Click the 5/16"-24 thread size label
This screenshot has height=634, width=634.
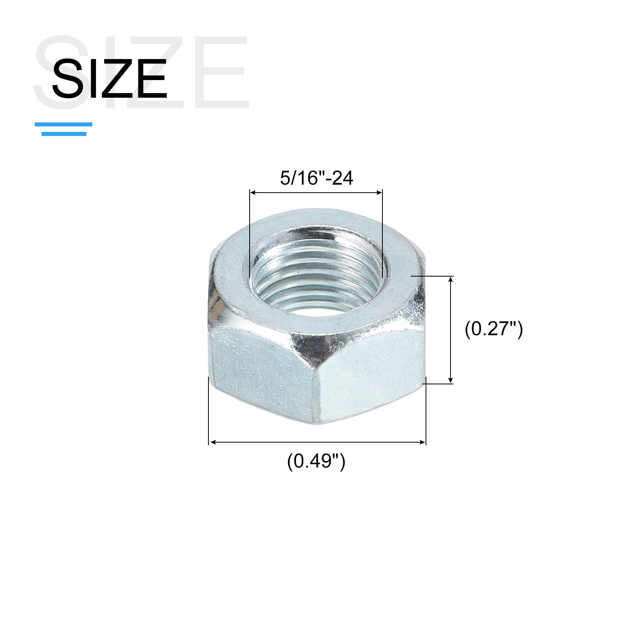pyautogui.click(x=316, y=178)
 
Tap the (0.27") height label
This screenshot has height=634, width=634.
pyautogui.click(x=494, y=329)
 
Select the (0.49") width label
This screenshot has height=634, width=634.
pyautogui.click(x=316, y=461)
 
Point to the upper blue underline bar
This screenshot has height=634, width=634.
pyautogui.click(x=63, y=124)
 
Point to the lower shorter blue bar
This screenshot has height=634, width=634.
pyautogui.click(x=64, y=134)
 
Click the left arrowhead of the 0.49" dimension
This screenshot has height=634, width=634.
pyautogui.click(x=212, y=442)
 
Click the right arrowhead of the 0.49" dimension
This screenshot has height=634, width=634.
pyautogui.click(x=422, y=442)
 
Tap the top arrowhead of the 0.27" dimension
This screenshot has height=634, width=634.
pyautogui.click(x=451, y=279)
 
